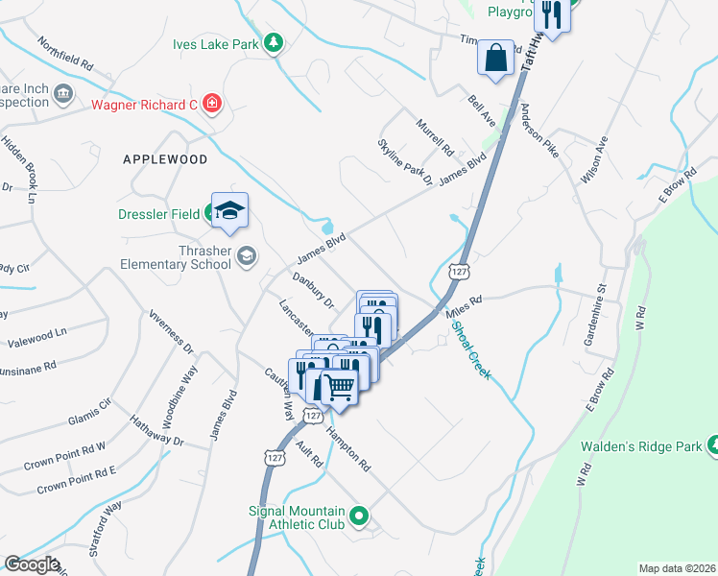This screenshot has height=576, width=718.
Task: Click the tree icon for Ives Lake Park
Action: pos(274,43)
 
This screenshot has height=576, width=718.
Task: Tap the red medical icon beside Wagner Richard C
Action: pos(212,104)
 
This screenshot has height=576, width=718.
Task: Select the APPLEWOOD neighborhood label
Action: pos(165,158)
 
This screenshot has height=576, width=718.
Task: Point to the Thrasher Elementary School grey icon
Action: pos(248,255)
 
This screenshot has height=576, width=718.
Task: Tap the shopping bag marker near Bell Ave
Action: pos(495,60)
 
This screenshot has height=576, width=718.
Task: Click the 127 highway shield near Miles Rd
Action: pos(462,273)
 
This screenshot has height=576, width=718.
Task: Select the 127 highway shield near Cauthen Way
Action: pos(312,415)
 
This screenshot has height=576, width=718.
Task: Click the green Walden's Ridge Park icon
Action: pos(712,444)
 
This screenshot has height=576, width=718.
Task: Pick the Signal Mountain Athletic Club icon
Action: pos(359,516)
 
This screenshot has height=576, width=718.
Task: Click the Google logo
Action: pos(33,564)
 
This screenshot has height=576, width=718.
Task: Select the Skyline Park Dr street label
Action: pos(404,161)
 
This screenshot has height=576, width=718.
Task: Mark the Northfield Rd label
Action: pos(65,56)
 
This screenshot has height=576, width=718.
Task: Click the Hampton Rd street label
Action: pos(347,449)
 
